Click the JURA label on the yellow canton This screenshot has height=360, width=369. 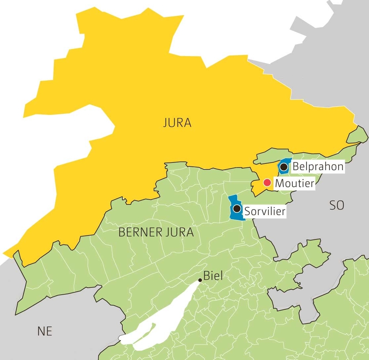click(x=177, y=123)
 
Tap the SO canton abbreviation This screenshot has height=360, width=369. click(x=337, y=206)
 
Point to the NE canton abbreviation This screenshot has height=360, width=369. click(x=45, y=331)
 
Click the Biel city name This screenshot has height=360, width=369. click(x=213, y=276)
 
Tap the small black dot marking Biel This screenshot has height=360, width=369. click(x=200, y=280)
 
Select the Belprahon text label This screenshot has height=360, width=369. click(x=318, y=167)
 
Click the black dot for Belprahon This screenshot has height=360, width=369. click(x=284, y=167)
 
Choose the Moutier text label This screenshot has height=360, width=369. click(x=294, y=183)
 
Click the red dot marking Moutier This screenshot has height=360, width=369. click(x=267, y=183)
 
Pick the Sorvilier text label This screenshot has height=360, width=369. click(x=264, y=211)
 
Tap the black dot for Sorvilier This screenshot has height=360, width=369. click(x=237, y=208)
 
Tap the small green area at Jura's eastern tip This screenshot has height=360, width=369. click(x=357, y=135)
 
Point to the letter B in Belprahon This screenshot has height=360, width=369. click(x=296, y=167)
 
